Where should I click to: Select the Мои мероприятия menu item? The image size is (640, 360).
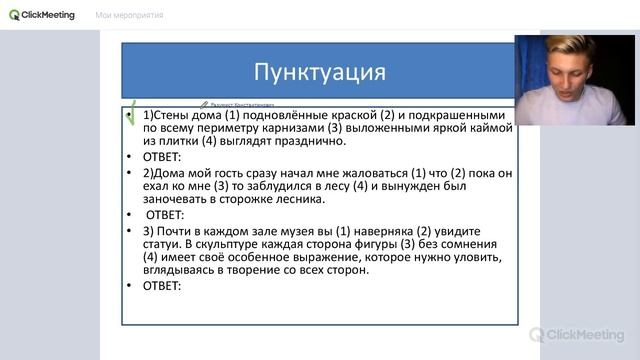click(x=129, y=15)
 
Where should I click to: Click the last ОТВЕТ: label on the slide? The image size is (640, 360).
click(x=161, y=286)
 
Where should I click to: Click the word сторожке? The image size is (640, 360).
click(x=246, y=200)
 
